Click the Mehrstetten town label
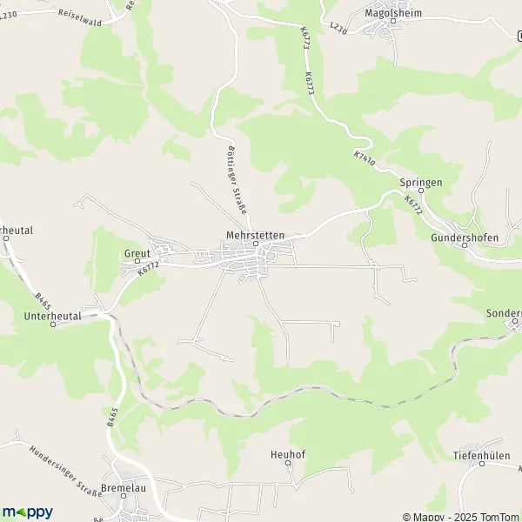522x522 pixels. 255,234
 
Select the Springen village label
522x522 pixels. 421,183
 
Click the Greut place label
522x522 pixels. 137,254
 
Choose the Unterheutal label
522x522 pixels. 53,316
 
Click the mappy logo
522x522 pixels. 28,512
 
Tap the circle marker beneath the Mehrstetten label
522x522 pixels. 256,244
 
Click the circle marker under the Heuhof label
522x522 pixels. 285,465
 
